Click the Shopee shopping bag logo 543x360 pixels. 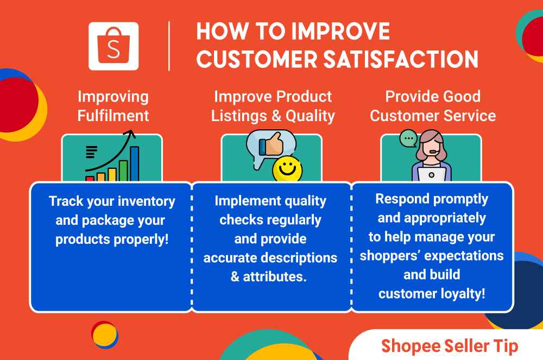[x=113, y=46]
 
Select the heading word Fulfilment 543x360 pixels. [x=113, y=116]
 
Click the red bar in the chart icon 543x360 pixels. [x=90, y=178]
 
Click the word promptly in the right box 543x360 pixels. [x=455, y=199]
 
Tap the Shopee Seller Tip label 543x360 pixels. [x=449, y=346]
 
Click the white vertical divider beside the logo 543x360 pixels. [x=169, y=46]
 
